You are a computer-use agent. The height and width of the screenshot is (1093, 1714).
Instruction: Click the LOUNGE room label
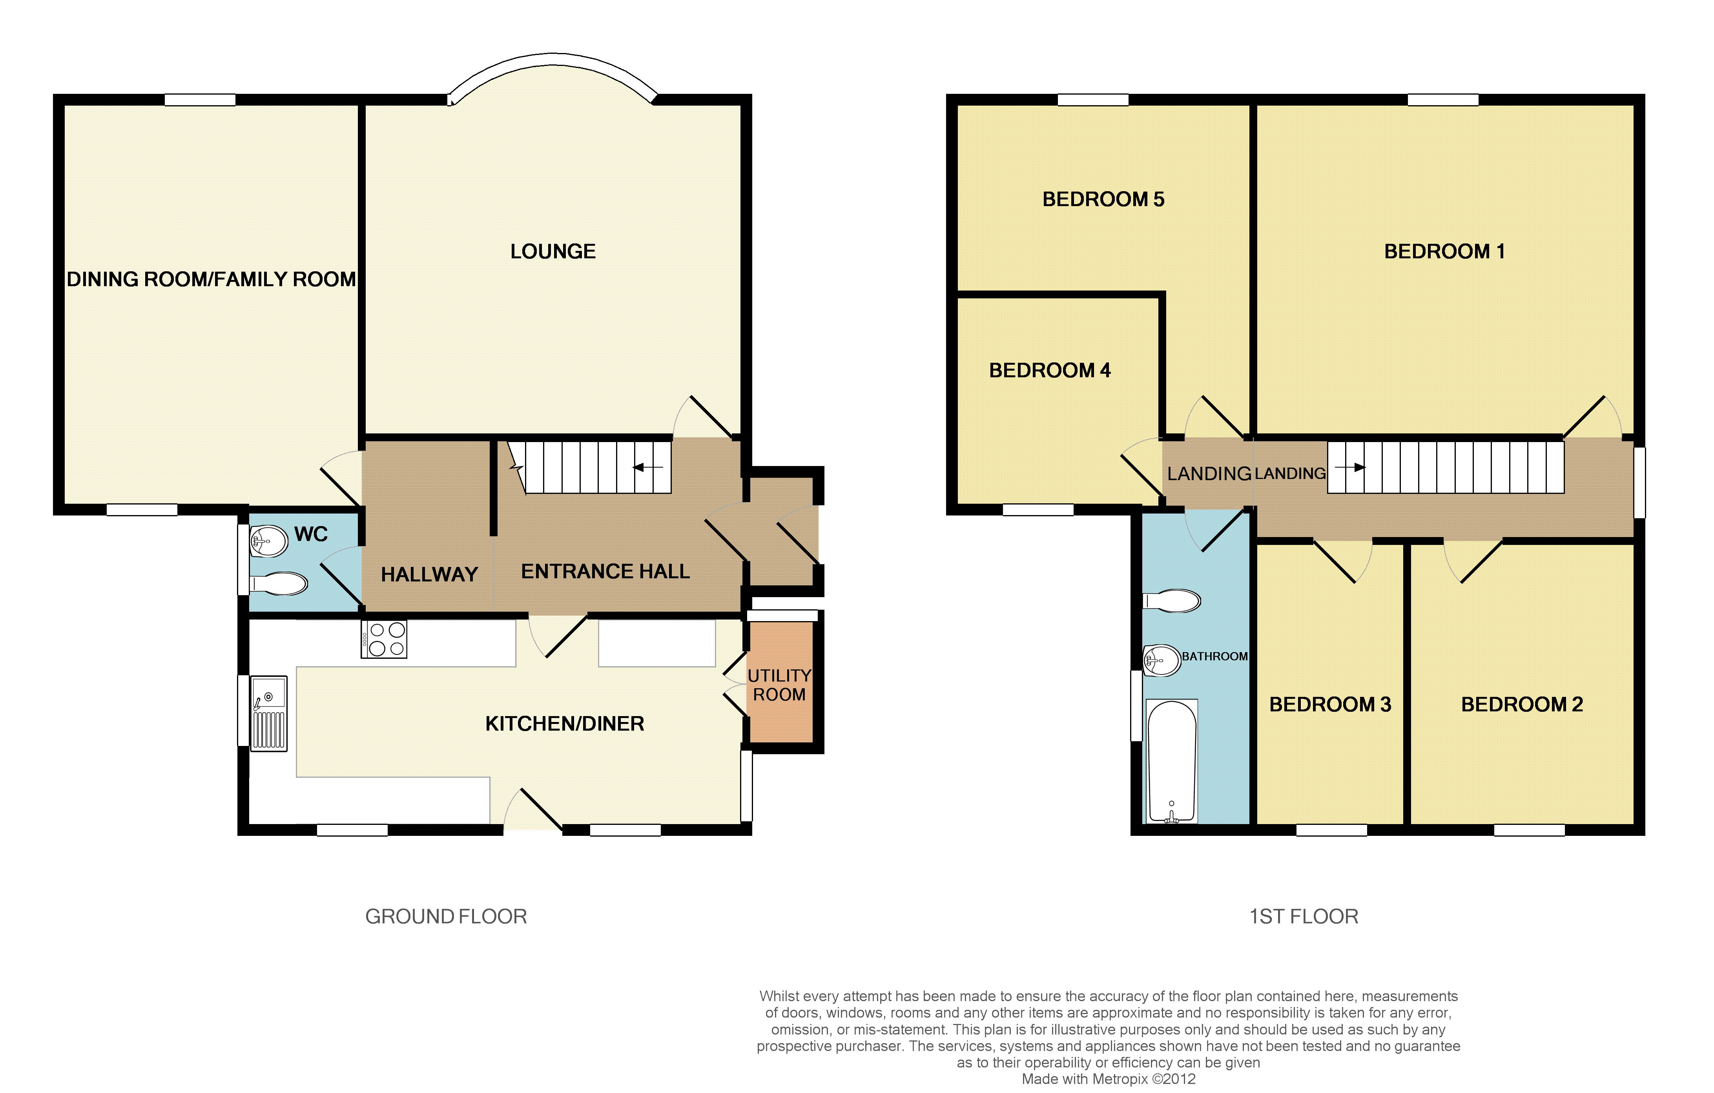[553, 251]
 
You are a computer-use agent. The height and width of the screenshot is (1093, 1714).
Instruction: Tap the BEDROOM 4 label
[1050, 370]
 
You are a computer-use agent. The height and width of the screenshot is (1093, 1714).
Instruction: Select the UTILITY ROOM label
[779, 685]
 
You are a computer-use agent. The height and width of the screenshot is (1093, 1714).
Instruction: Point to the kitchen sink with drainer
[269, 713]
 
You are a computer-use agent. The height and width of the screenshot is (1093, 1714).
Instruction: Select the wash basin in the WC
[268, 541]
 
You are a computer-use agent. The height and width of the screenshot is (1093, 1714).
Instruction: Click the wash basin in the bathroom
[1162, 660]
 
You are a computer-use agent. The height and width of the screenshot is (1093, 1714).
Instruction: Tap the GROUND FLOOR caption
[446, 916]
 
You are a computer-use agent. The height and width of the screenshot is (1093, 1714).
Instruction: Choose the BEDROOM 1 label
[1444, 251]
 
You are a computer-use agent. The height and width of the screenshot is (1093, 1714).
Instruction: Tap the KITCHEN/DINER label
[564, 724]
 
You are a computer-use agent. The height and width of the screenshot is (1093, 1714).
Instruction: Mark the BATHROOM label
[1215, 656]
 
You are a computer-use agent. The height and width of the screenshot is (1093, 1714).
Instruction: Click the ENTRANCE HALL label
[605, 572]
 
